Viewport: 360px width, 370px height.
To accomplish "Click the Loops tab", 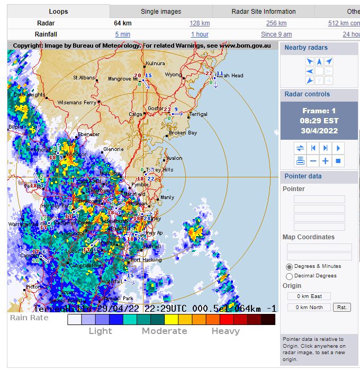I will coord(58,11).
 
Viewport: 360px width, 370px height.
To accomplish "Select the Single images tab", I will coord(161,11).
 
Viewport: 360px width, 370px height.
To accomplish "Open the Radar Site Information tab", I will coord(264,11).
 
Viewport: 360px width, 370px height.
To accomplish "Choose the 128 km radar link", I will coord(200,23).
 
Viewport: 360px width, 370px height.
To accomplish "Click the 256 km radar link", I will coord(276,23).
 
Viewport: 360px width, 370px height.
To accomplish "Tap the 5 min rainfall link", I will coord(122,34).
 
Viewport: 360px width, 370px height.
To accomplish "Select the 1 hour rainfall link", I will coord(200,34).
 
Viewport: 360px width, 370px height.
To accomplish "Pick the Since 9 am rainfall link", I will coord(276,34).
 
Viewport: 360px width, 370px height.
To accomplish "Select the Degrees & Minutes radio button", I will coord(290,266).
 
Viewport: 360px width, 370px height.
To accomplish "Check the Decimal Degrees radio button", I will coord(290,276).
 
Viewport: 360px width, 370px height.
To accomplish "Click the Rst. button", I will coord(343,307).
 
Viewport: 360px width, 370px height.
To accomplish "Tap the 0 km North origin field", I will coord(309,307).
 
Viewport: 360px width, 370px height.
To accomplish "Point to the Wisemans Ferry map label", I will coord(77,102).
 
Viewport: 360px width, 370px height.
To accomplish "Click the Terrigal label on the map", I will coord(199,114).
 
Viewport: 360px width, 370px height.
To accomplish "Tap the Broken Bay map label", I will coord(183,133).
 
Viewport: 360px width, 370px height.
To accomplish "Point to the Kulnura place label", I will coord(155,63).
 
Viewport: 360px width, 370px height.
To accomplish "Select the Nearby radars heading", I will coord(306,48).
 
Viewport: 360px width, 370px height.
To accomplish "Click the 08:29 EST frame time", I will coord(319,121).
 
